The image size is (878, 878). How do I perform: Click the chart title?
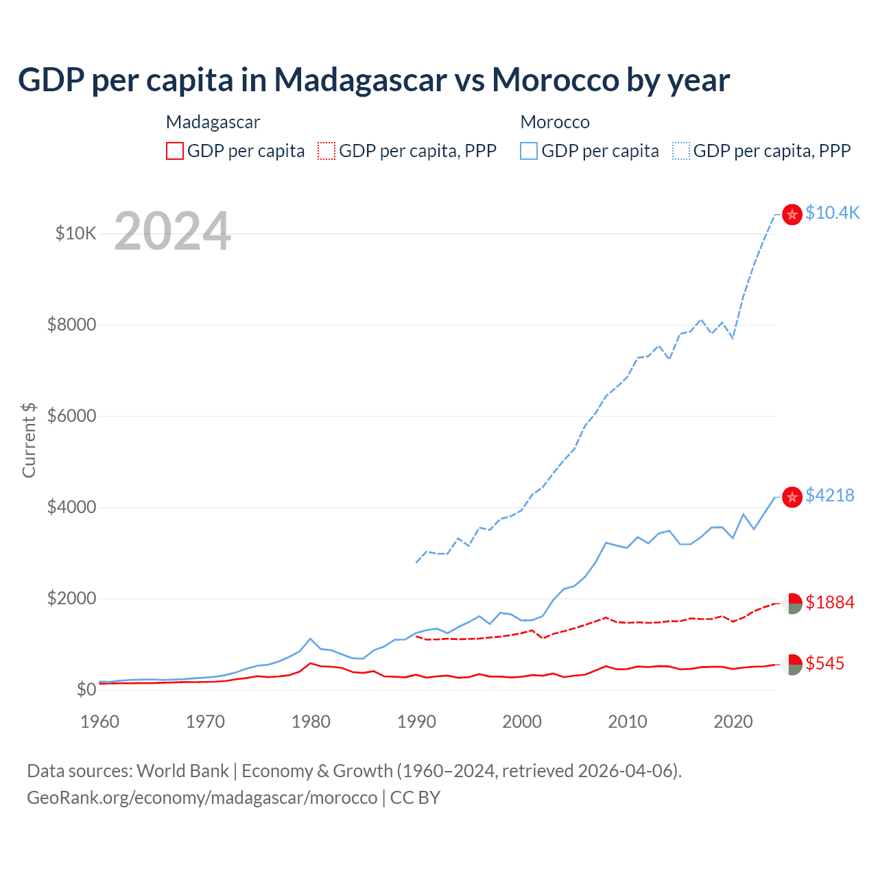point(374,80)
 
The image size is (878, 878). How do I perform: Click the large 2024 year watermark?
point(172,231)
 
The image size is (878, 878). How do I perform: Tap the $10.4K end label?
point(832,213)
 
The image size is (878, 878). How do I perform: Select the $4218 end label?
point(829,495)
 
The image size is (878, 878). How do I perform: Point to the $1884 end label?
point(829,602)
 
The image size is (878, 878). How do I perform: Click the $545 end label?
point(824,663)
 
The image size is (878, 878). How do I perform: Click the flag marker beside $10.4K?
point(792,215)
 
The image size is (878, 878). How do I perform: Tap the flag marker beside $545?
point(792,664)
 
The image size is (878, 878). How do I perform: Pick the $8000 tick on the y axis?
point(71,324)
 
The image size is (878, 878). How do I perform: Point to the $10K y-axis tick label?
point(75,233)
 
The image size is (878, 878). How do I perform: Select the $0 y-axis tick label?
point(86,689)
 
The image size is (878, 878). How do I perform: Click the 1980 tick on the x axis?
point(311,722)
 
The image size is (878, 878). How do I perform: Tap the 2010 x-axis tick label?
point(628,722)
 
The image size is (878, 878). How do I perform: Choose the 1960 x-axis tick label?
point(100,722)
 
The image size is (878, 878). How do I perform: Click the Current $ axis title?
point(29,440)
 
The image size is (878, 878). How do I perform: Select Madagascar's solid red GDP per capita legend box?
point(175,151)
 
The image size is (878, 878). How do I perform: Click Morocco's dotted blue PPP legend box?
point(681,151)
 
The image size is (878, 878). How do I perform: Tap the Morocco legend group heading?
point(555,122)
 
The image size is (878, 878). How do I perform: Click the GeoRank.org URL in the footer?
point(202,798)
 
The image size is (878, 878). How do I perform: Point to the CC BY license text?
point(415,798)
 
